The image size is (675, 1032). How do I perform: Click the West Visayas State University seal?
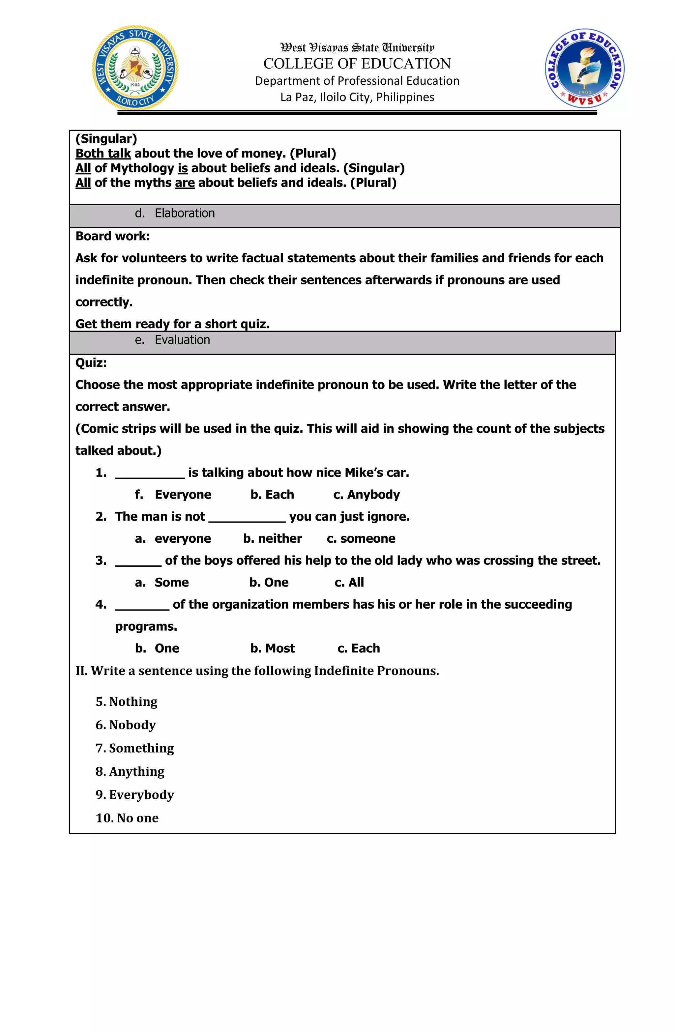135,68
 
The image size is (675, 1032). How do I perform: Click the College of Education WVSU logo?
584,69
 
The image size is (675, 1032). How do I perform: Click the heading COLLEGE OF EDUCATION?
357,64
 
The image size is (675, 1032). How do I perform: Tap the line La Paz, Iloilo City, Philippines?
357,97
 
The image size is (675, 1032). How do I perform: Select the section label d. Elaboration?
175,213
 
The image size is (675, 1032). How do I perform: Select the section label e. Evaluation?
172,340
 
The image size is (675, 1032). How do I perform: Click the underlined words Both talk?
103,154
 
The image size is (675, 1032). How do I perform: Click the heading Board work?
112,236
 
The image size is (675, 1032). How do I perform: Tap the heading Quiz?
91,363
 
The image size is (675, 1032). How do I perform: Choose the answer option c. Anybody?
366,495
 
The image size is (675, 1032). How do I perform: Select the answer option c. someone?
361,538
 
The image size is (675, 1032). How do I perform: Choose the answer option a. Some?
162,582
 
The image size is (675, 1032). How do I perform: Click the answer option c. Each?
358,648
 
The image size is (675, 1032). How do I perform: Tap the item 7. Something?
134,748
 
